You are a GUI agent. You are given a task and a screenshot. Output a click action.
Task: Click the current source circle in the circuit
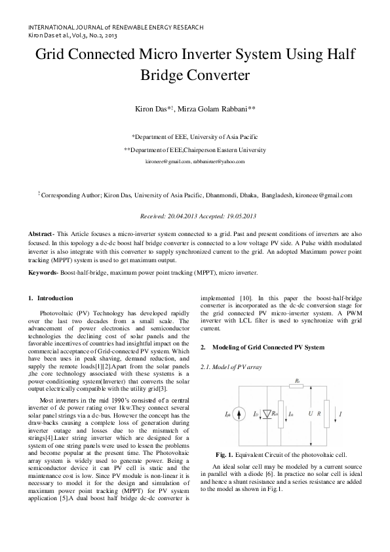point(229,414)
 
